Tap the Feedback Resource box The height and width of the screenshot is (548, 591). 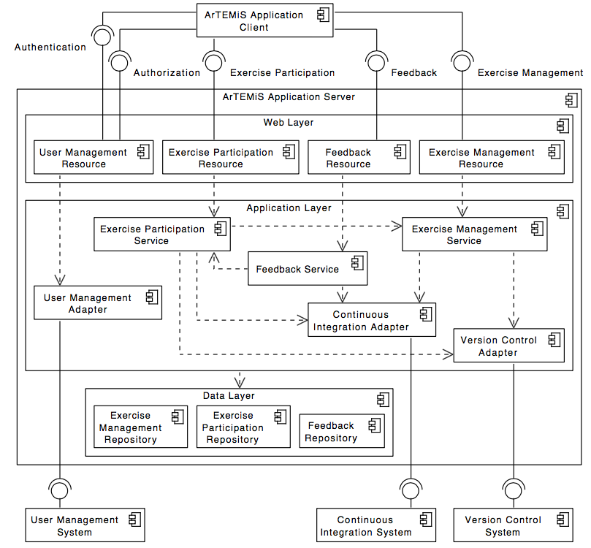point(357,158)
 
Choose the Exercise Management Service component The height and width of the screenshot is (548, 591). point(474,235)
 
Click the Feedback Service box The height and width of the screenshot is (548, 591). point(308,269)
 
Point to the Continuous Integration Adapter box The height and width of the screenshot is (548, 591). point(372,320)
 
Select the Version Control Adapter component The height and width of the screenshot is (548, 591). point(508,346)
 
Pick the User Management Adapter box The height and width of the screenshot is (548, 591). point(98,302)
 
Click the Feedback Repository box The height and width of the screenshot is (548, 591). point(341,431)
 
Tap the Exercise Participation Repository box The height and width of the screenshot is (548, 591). point(243,427)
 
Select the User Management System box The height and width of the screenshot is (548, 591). point(85,525)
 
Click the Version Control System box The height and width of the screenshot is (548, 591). point(512,525)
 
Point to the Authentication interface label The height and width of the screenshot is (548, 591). point(50,47)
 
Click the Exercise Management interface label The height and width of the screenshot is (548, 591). point(530,72)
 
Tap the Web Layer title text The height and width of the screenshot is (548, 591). point(289,122)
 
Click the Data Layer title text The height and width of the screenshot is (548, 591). point(229,395)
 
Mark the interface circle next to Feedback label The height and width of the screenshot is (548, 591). point(376,63)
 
